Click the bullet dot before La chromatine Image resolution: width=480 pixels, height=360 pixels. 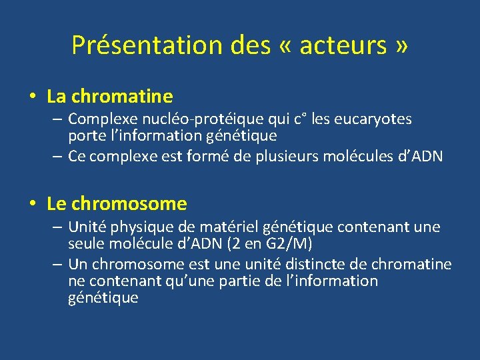pos(33,97)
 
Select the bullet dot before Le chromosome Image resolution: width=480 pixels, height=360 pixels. pos(33,203)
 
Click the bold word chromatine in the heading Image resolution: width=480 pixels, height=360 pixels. pos(122,97)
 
